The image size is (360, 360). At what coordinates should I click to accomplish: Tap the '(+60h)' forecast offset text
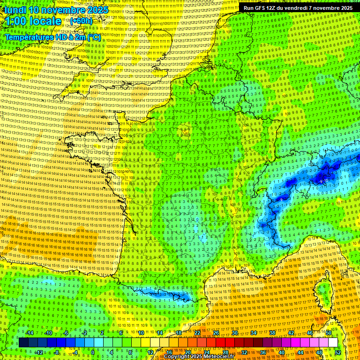pyautogui.click(x=81, y=21)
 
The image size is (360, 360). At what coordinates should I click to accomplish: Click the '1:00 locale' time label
pyautogui.click(x=33, y=21)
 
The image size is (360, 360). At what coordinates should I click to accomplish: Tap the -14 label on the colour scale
pyautogui.click(x=30, y=333)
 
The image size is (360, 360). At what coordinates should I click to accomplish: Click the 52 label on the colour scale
pyautogui.click(x=337, y=352)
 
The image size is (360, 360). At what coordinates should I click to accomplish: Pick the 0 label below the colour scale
pyautogui.click(x=93, y=352)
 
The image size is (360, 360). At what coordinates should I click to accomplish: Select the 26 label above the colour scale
pyautogui.click(x=216, y=333)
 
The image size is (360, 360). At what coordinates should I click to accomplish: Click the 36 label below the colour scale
pyautogui.click(x=262, y=352)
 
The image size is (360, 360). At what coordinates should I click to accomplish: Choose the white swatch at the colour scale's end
pyautogui.click(x=333, y=343)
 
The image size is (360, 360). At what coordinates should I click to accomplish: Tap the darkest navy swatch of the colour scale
pyautogui.click(x=23, y=343)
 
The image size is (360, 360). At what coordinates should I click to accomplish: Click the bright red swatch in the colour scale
pyautogui.click(x=220, y=343)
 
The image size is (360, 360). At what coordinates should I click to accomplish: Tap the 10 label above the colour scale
pyautogui.click(x=141, y=333)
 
